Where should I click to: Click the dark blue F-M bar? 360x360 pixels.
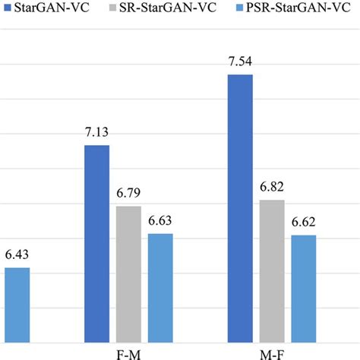click(x=96, y=243)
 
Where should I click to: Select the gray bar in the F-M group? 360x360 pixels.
click(x=128, y=273)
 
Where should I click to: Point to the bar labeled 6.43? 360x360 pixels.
click(x=17, y=305)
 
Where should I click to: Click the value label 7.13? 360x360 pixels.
click(x=96, y=132)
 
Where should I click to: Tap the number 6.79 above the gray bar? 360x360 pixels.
click(x=128, y=193)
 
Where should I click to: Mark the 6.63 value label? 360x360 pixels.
click(x=160, y=221)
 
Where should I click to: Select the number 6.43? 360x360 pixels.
click(x=17, y=255)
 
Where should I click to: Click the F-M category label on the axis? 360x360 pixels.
click(x=128, y=353)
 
